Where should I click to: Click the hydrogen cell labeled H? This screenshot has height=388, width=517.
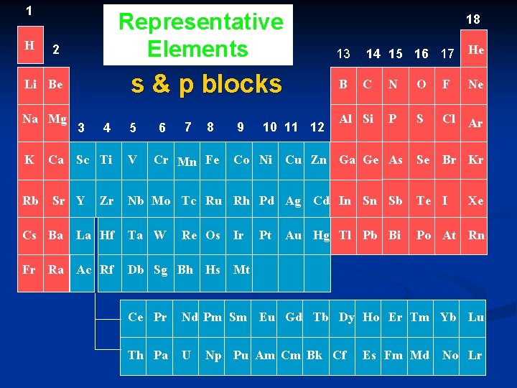[x=29, y=46]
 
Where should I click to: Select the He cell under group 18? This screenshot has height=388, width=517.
[x=475, y=50]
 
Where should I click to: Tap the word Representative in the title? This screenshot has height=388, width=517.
[x=200, y=22]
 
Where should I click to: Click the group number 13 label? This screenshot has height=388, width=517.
[x=343, y=54]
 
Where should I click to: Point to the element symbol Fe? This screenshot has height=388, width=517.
[x=212, y=160]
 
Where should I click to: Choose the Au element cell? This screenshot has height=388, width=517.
[x=294, y=235]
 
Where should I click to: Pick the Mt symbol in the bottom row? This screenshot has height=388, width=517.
[x=242, y=270]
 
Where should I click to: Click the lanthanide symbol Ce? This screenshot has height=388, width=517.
[x=136, y=317]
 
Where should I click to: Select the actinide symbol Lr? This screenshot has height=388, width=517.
[x=475, y=355]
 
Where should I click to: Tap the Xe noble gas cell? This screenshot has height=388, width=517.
[x=475, y=201]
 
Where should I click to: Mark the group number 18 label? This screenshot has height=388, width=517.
[x=473, y=19]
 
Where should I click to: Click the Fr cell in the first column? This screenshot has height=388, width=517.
[x=29, y=270]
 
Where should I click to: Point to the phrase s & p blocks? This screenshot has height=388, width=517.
[x=205, y=84]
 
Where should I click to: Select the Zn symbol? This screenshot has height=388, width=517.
[x=319, y=160]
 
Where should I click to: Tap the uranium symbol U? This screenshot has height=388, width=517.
[x=186, y=355]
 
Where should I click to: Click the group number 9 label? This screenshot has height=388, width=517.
[x=239, y=128]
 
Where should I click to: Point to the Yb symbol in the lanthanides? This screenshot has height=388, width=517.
[x=448, y=317]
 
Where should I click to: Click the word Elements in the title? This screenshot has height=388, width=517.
[x=197, y=49]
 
